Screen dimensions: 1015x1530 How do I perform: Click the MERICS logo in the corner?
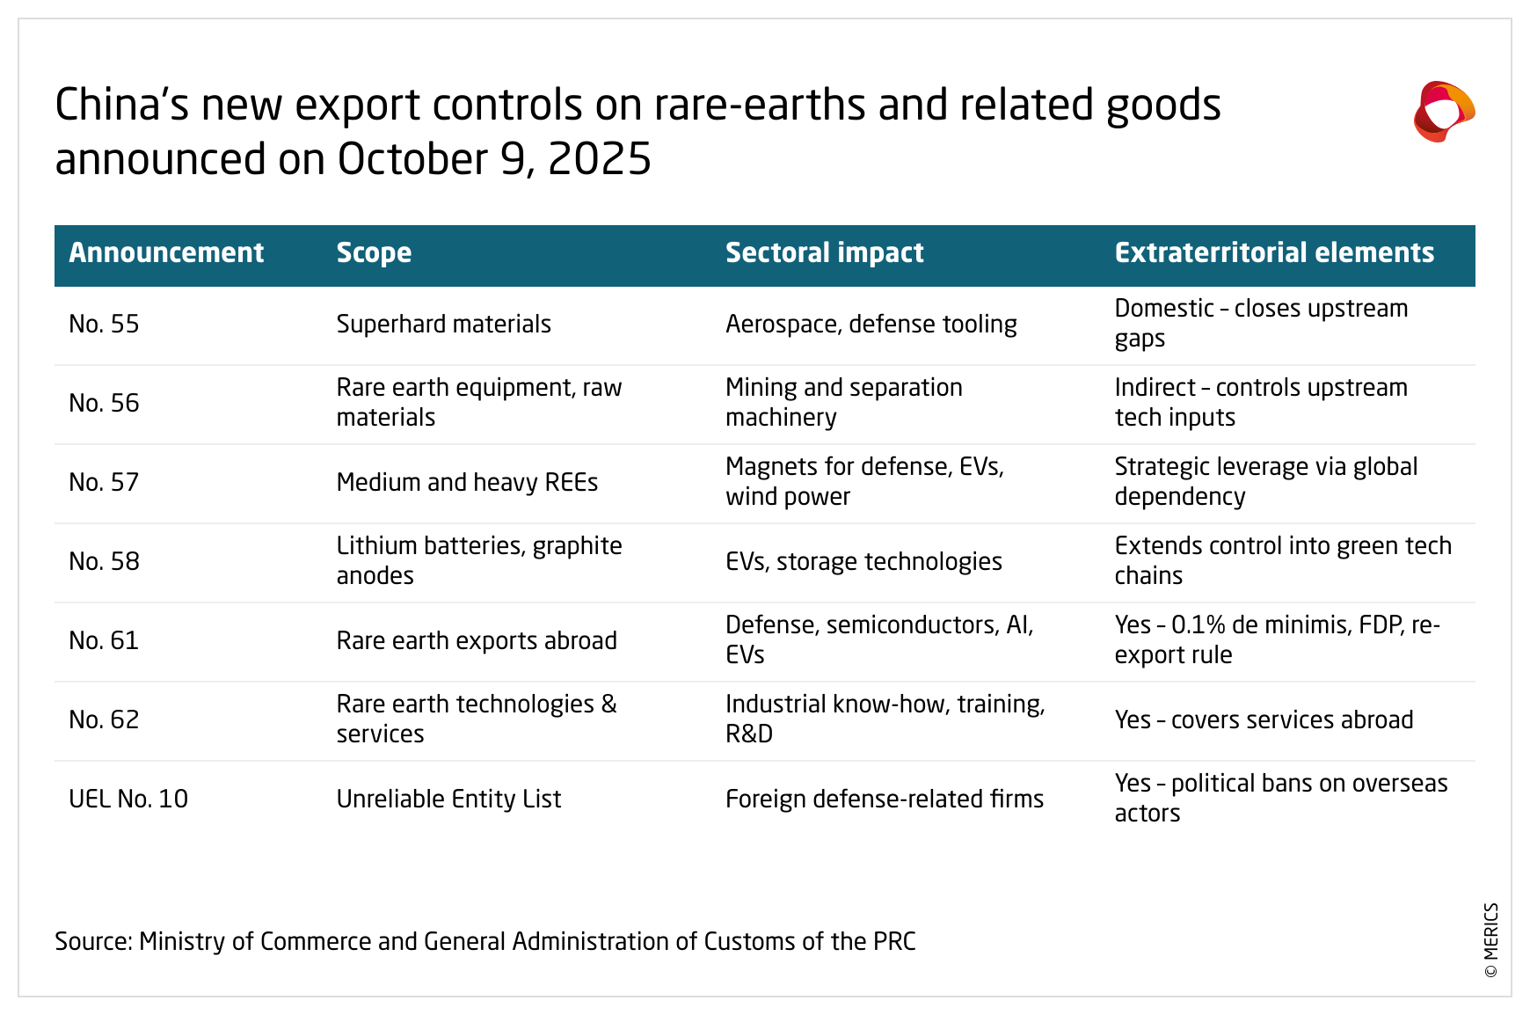(x=1444, y=112)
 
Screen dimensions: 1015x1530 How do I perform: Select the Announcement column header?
(x=166, y=253)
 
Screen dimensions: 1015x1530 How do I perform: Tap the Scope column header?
(x=374, y=253)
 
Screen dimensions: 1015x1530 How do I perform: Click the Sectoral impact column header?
(x=824, y=253)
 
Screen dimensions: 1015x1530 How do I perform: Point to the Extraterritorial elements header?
(x=1274, y=253)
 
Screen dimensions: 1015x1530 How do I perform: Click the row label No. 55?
(x=104, y=325)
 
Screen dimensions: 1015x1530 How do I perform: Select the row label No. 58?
(x=104, y=562)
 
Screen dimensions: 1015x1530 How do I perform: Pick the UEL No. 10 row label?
(x=128, y=800)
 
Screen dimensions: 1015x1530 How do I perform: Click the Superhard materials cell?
(x=443, y=325)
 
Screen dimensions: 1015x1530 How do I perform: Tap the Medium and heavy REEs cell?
(x=467, y=483)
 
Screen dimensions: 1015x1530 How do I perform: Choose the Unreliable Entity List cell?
(x=448, y=800)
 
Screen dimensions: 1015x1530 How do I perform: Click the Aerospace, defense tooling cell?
(x=871, y=325)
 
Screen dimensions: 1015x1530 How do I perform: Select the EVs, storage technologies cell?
(x=863, y=562)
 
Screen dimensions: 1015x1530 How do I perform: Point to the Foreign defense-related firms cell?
(x=885, y=800)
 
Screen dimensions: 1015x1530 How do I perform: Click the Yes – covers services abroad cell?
(x=1264, y=720)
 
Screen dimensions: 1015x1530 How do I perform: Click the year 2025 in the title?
(x=600, y=160)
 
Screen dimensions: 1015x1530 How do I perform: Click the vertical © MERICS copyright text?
(x=1491, y=940)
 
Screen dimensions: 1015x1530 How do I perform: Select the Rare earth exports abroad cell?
(x=477, y=641)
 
